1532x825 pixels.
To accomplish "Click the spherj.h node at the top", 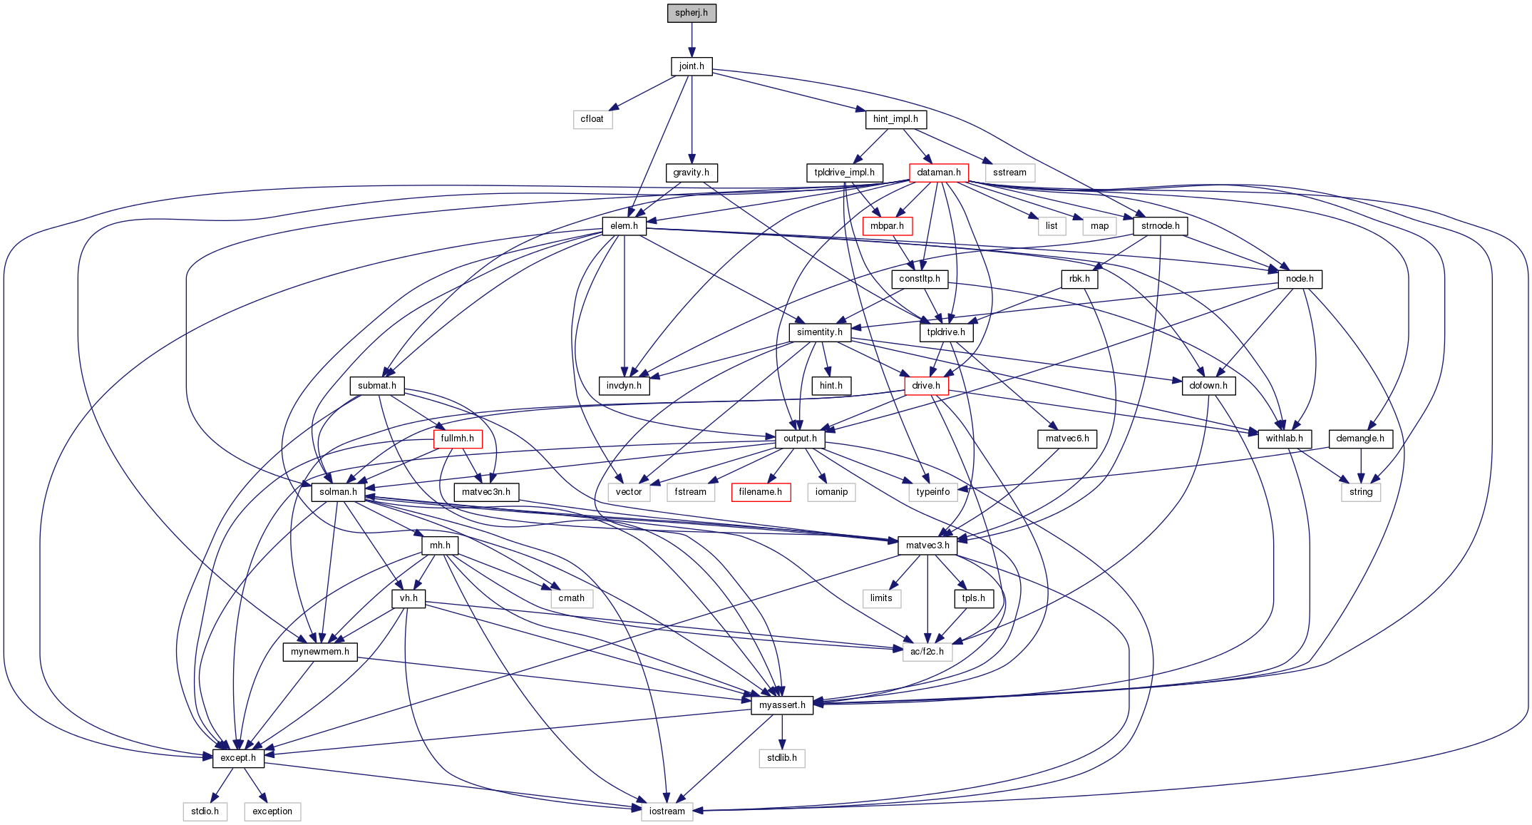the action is pos(692,13).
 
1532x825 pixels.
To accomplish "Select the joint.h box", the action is pos(692,66).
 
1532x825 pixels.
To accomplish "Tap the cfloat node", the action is pos(592,119).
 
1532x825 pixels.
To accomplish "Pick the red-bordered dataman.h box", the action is pos(939,173).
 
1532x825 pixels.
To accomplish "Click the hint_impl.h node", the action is pos(896,119).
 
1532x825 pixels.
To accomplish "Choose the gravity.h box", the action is pos(692,173).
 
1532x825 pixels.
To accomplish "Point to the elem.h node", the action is pos(624,226).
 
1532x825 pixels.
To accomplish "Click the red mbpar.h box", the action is pos(888,226).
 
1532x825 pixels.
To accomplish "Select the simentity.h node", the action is pos(820,332).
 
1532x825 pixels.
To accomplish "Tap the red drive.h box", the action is pos(927,386).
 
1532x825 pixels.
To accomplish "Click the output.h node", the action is pos(800,439).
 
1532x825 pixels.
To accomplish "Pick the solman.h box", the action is pos(339,492).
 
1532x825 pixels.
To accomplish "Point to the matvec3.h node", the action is pos(927,545).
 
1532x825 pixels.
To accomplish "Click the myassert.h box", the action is pos(782,705).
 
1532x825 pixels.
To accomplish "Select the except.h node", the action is pos(238,758).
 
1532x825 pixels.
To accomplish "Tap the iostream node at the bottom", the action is pos(667,811).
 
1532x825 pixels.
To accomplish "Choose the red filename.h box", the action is pos(761,492).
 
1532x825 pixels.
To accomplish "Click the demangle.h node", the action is pos(1361,439).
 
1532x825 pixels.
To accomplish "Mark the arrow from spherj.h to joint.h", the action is pos(692,40).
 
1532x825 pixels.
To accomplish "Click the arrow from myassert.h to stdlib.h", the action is pos(782,732).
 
